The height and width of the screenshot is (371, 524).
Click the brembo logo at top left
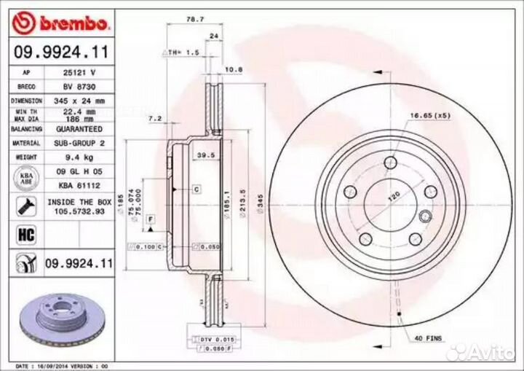[x=61, y=23]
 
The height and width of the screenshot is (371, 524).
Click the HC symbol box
[x=24, y=235]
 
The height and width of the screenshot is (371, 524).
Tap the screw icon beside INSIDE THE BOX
[x=24, y=206]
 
